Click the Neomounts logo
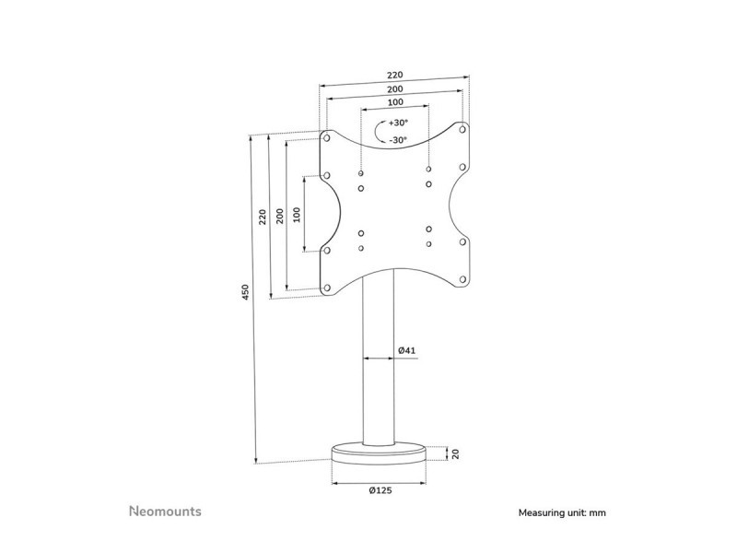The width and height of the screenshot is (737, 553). tap(164, 510)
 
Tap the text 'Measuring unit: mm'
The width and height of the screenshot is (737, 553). tap(562, 512)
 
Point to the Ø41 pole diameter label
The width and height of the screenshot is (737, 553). tap(409, 350)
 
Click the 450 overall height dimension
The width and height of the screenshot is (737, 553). tap(245, 292)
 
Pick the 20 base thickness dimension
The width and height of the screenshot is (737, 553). tap(454, 453)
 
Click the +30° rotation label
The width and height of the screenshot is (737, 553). tap(398, 123)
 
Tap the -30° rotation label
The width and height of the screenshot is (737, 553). tap(398, 140)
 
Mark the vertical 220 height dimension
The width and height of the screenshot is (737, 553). tap(263, 217)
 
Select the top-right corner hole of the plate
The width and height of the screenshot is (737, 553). tap(462, 129)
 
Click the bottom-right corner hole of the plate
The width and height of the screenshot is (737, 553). tap(462, 276)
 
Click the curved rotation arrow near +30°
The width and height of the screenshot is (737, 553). tap(379, 132)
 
